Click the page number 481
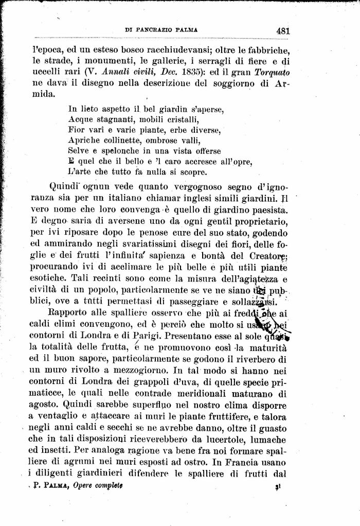tap(283, 30)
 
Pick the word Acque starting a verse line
tap(79, 119)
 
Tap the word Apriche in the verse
tap(82, 141)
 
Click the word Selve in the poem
tap(78, 151)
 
